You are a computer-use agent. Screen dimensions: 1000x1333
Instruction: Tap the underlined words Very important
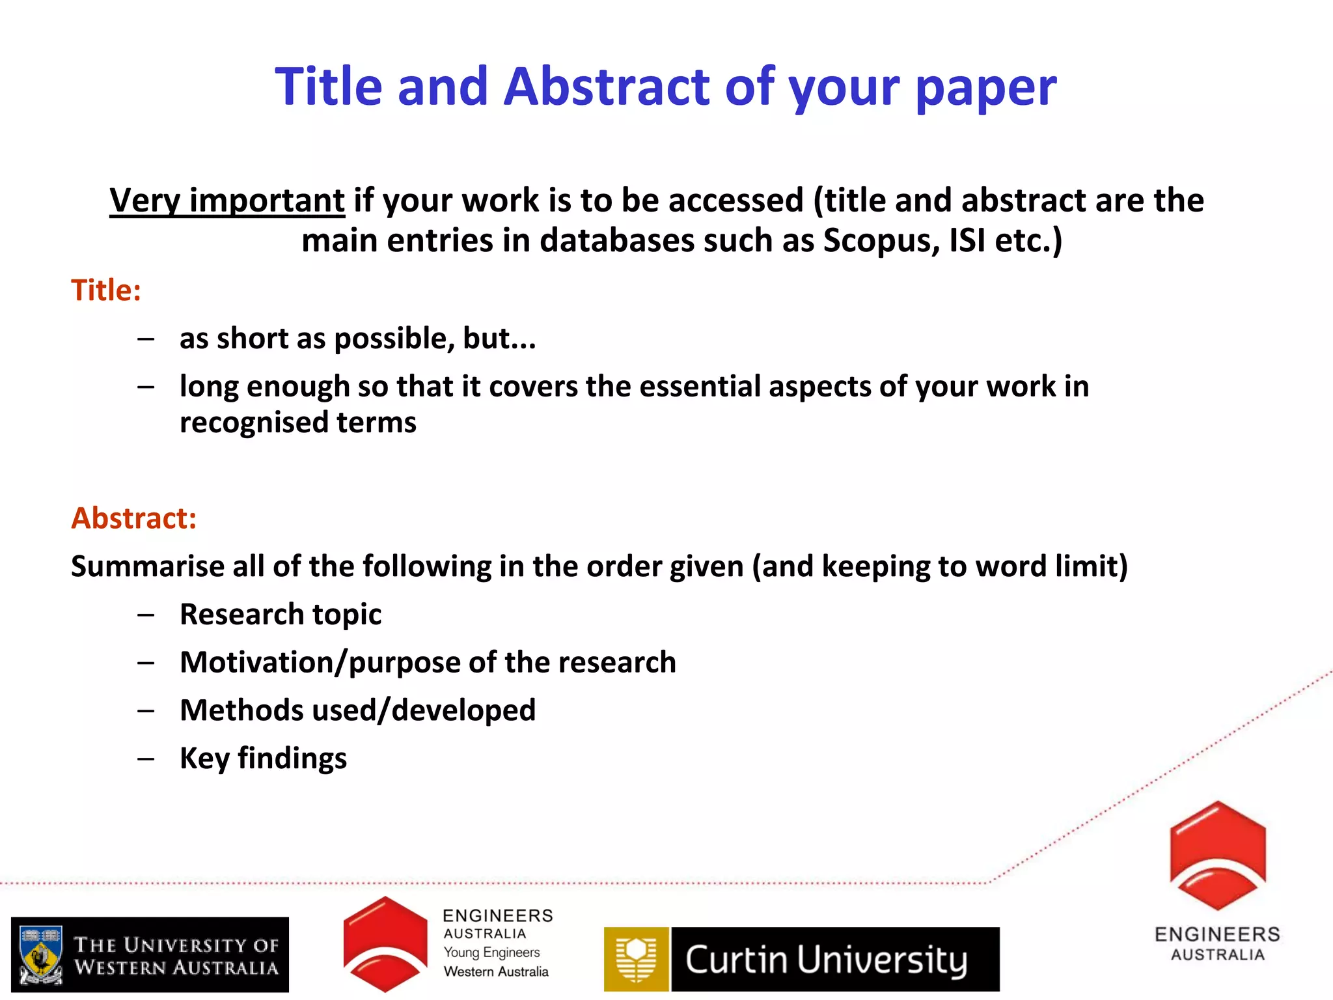227,200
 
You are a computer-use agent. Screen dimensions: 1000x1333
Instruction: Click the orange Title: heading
106,290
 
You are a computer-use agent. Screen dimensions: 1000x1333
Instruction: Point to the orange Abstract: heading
133,518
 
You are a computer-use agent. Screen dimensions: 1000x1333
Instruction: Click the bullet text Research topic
281,614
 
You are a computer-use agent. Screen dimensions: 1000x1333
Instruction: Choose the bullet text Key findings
263,758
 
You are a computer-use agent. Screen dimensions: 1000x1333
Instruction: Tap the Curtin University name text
827,960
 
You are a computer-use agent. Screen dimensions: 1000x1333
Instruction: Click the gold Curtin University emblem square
636,959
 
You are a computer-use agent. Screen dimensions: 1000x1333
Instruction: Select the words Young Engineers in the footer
491,952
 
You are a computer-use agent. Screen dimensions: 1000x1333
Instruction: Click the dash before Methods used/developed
146,710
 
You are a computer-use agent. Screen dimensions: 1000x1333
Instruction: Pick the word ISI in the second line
967,240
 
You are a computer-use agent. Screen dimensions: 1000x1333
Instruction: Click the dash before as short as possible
146,339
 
